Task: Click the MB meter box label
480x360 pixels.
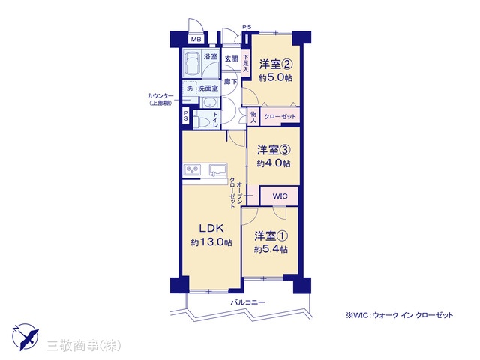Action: (x=196, y=40)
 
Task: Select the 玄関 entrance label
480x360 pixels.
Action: (x=232, y=58)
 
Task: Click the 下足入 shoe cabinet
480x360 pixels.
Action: (x=246, y=63)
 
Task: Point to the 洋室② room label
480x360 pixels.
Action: (x=276, y=64)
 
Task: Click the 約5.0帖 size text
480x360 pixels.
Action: (x=275, y=78)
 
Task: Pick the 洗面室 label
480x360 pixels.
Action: (x=208, y=88)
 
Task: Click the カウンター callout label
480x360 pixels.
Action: (x=160, y=96)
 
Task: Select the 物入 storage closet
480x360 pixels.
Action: (x=253, y=117)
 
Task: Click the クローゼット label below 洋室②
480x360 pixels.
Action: (x=280, y=117)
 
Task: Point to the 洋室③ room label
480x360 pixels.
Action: (x=274, y=150)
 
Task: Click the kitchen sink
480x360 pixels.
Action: (x=218, y=170)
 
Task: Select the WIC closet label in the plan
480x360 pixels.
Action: (x=280, y=196)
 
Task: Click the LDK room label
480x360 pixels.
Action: (x=211, y=228)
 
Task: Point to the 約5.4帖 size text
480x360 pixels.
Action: (x=271, y=250)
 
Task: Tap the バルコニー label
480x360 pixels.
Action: (x=248, y=302)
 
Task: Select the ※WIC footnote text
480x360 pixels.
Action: (x=400, y=315)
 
